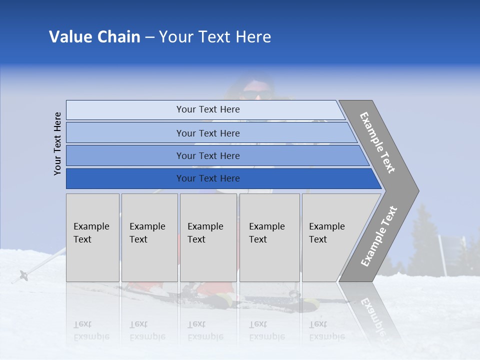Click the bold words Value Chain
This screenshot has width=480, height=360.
point(94,37)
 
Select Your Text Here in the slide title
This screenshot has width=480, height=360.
point(215,37)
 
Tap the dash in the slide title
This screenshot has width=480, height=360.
point(149,37)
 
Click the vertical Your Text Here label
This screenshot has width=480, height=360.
point(57,143)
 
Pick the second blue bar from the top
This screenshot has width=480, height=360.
point(208,133)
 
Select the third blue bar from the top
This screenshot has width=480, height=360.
point(208,155)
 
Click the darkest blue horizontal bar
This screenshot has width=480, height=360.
point(208,178)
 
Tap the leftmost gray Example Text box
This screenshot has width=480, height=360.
point(92,237)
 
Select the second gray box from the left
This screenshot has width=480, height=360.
point(149,237)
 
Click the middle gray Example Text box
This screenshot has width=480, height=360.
point(208,237)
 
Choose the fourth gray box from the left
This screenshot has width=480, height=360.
point(269,237)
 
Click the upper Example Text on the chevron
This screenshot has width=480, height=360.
point(377,142)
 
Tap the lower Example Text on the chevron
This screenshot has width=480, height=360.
point(379,236)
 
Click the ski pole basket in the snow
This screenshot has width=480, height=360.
point(23,274)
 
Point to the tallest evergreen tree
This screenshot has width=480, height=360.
point(422,235)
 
